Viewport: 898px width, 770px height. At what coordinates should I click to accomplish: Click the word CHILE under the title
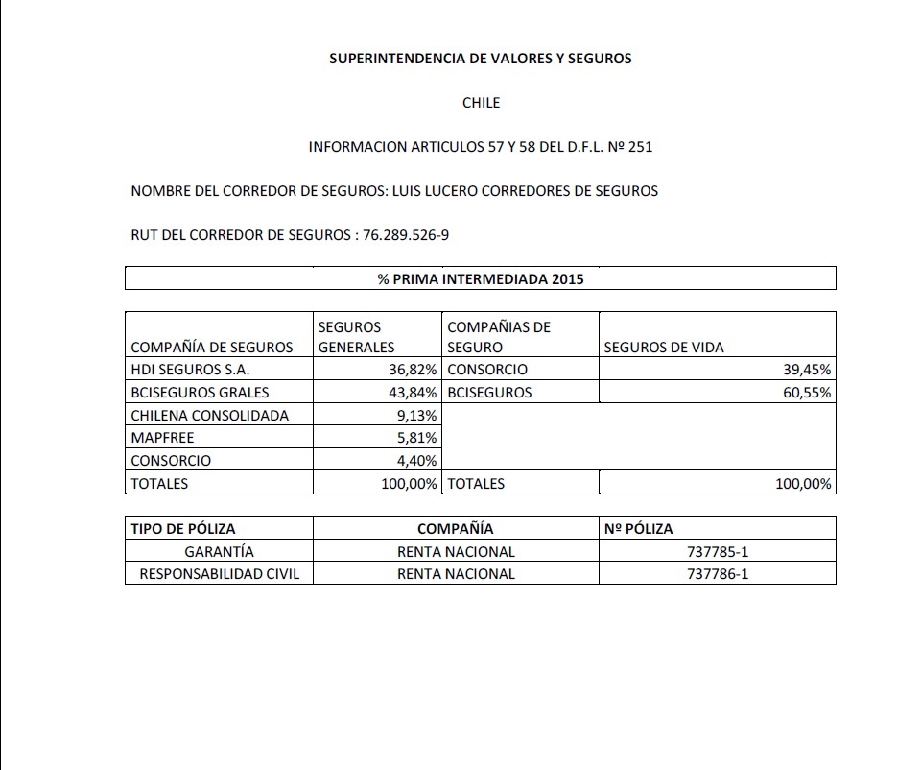(481, 103)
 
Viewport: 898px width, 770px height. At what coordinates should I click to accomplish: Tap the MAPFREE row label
(162, 438)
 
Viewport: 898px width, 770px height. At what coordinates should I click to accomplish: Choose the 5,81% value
(419, 438)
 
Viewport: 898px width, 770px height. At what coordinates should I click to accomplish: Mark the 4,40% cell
(419, 461)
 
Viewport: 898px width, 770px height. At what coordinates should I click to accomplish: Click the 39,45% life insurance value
(806, 370)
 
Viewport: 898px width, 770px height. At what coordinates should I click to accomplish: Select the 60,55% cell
(806, 393)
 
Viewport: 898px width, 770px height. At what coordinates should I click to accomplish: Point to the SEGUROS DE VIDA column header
(664, 348)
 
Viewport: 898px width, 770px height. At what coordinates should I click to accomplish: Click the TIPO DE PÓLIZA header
(183, 529)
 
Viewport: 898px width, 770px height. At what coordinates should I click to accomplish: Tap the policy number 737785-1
(718, 552)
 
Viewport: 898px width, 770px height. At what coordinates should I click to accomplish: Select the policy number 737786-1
(718, 574)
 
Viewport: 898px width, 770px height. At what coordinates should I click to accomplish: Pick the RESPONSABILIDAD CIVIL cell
(220, 574)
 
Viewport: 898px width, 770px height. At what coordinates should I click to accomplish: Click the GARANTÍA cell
(220, 552)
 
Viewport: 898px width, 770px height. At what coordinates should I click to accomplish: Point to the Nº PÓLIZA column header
(639, 529)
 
